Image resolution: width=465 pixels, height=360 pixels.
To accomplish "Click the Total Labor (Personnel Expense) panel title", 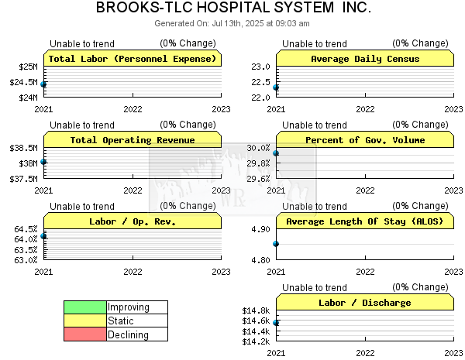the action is pos(133,59).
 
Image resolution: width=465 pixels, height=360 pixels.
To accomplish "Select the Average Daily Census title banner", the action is pos(365,58).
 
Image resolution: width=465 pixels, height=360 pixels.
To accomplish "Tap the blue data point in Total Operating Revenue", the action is pos(43,162).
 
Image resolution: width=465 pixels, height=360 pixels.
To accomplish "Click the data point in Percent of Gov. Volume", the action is pos(276,153).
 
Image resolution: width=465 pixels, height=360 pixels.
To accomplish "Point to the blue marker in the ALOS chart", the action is pos(276,244).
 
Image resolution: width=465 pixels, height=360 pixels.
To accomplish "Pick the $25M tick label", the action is pos(28,67).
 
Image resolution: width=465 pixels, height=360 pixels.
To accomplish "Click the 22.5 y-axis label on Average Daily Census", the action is pos(260,82).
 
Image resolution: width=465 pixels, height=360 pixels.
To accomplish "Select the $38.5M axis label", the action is pos(24,148).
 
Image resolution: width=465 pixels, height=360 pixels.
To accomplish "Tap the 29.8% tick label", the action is pos(259,163).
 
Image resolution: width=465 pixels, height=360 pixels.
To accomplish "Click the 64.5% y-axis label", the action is pos(26,229).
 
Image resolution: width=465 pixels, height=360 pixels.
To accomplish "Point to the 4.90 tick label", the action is pos(260,229).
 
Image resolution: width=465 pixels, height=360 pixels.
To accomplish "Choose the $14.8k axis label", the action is pos(256,310).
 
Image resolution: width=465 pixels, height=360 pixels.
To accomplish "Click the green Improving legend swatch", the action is pos(85,307).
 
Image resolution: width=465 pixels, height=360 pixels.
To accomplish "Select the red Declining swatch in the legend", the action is pos(85,334).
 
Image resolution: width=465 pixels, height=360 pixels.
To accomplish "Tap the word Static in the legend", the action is pos(121,321).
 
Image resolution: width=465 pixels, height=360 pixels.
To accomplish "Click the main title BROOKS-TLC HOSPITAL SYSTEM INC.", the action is pos(233,7).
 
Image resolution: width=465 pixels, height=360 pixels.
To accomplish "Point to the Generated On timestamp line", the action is pos(232,23).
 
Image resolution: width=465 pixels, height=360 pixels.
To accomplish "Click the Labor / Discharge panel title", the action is pos(365,303).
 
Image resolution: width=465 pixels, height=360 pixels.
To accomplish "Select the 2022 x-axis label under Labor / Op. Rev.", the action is pos(133,272).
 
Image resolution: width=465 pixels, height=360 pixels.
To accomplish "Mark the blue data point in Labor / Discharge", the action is pos(276,323).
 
